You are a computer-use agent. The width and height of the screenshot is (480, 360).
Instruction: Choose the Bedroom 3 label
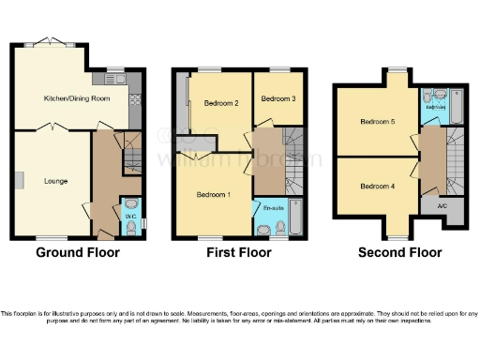[279, 99]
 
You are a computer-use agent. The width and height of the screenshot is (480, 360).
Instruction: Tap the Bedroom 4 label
[377, 186]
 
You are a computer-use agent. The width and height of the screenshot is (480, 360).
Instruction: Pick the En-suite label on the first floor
[273, 208]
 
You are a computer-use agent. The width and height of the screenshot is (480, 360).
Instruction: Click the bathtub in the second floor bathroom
[457, 105]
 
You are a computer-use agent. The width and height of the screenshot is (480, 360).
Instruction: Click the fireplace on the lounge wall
[17, 181]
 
